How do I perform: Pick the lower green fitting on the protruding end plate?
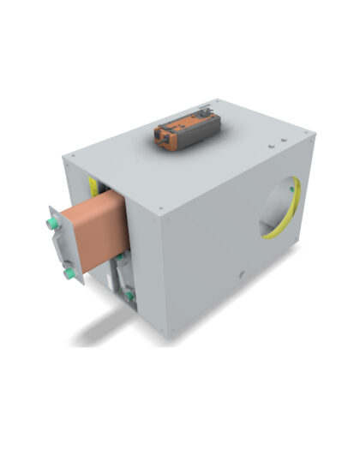click(66, 273)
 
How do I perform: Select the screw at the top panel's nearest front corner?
click(159, 209)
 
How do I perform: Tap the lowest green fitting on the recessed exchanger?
click(129, 295)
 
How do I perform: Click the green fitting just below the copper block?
click(122, 255)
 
